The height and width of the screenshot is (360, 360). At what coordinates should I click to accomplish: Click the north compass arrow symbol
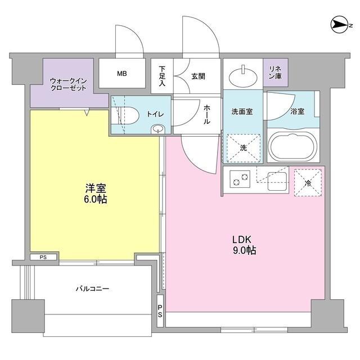pyautogui.click(x=341, y=24)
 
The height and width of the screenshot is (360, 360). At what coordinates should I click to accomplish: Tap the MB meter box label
pyautogui.click(x=121, y=73)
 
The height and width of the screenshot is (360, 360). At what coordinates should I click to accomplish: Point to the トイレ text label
pyautogui.click(x=156, y=114)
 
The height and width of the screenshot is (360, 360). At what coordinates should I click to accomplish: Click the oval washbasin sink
pyautogui.click(x=244, y=73)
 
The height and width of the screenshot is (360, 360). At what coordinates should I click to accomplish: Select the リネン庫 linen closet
pyautogui.click(x=276, y=73)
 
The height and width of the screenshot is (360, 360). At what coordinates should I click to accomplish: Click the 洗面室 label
pyautogui.click(x=242, y=111)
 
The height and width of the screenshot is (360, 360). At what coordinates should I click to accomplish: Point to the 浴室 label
pyautogui.click(x=297, y=111)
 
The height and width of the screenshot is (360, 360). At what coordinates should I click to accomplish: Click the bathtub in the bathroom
pyautogui.click(x=292, y=146)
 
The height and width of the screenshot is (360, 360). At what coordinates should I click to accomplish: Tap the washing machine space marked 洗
pyautogui.click(x=243, y=148)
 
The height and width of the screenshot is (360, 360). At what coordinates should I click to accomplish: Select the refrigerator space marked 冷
pyautogui.click(x=307, y=182)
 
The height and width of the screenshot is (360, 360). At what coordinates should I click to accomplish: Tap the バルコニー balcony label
pyautogui.click(x=92, y=289)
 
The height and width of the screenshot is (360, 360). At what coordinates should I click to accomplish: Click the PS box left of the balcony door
pyautogui.click(x=43, y=258)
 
